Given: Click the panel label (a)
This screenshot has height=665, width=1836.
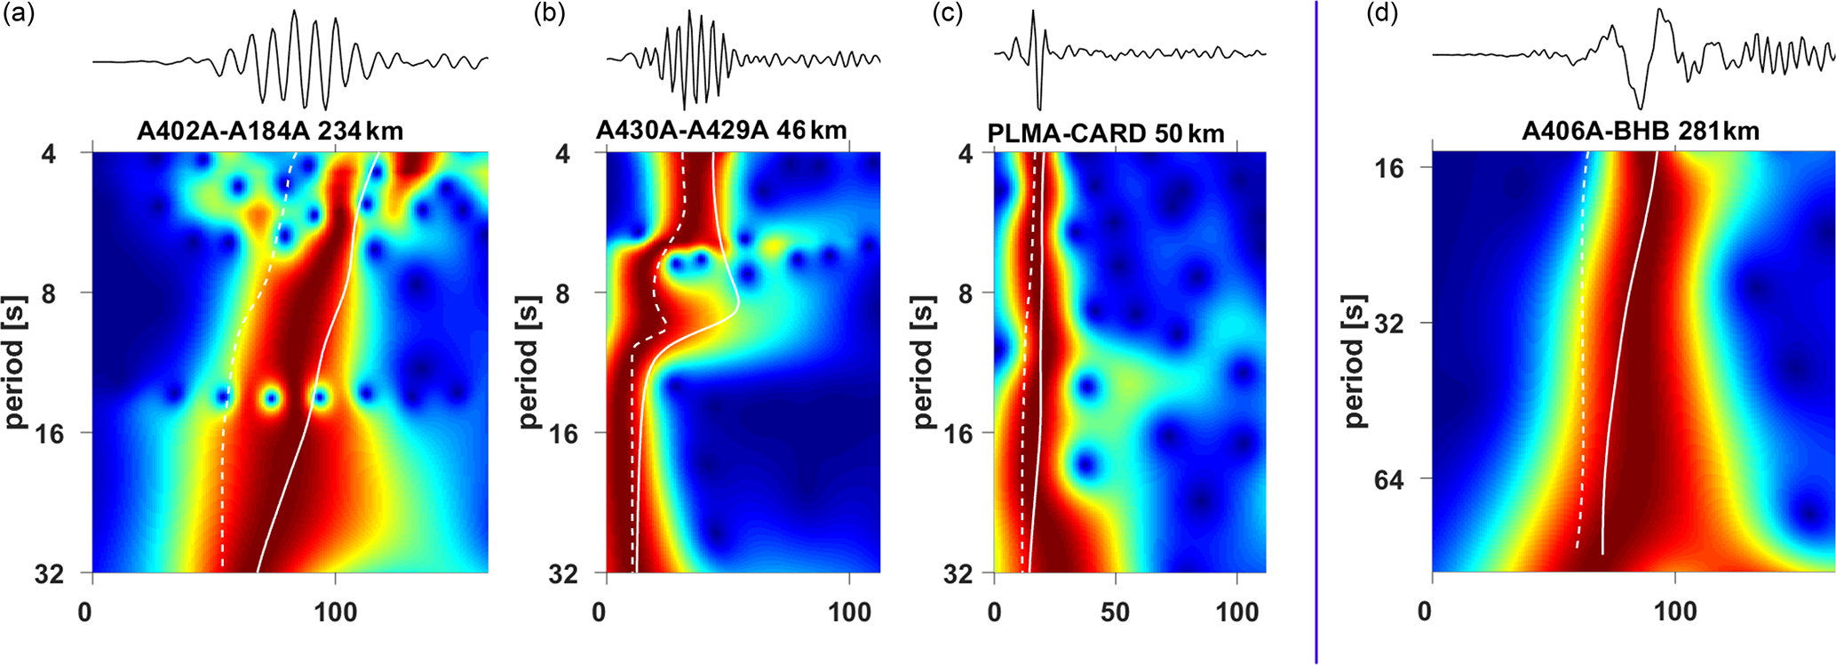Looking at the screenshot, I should (x=19, y=15).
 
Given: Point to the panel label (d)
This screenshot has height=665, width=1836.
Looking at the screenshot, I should (x=1381, y=15).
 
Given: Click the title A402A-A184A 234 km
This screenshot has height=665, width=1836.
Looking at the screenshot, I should (x=269, y=132).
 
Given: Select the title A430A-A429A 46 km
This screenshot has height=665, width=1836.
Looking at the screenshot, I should (x=720, y=131).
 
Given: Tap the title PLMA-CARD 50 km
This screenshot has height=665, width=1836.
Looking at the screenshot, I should (x=1106, y=133).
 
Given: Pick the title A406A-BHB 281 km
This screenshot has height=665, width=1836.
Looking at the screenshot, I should (x=1640, y=132).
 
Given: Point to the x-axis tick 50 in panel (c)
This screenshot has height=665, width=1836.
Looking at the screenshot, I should (x=1115, y=612).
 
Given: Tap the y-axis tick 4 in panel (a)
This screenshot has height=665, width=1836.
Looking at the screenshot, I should (x=47, y=154).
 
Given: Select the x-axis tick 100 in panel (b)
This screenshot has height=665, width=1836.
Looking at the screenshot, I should (x=849, y=612).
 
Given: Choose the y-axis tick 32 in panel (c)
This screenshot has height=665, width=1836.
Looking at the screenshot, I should (x=957, y=574).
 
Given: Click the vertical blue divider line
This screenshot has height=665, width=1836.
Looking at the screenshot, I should (x=1315, y=332).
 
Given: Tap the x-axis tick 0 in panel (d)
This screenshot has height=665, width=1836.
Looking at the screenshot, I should (x=1425, y=612).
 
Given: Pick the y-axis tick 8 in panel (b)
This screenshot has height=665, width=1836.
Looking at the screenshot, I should (x=562, y=293).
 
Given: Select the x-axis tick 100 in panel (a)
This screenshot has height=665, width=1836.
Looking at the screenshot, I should (x=336, y=612).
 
